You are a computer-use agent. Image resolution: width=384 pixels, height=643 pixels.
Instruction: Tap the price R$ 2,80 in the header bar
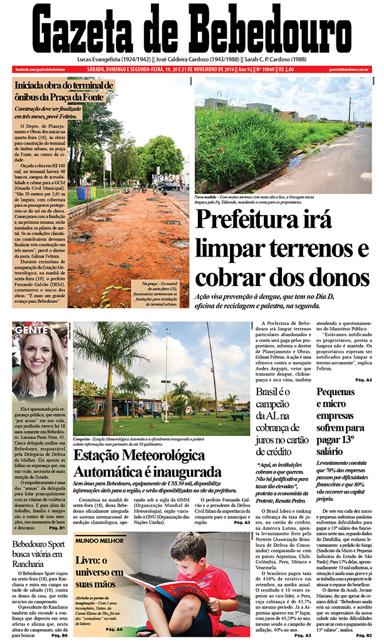click(286, 69)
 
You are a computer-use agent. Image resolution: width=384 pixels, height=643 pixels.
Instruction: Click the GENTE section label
click(28, 329)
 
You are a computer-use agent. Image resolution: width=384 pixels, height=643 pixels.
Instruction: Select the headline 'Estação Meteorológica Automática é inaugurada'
click(147, 463)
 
